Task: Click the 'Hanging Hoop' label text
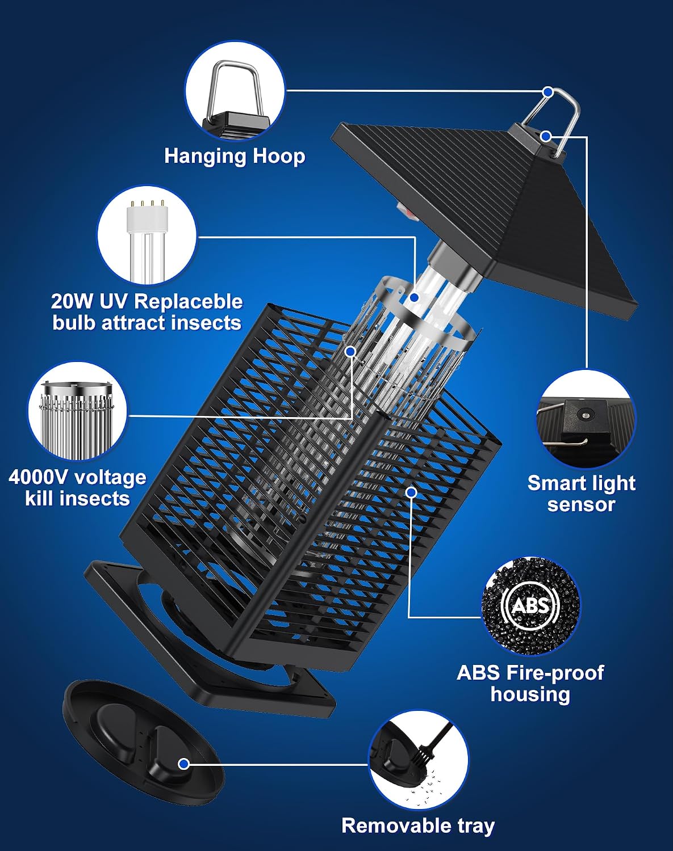[x=235, y=156]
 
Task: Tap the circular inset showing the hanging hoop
[x=235, y=91]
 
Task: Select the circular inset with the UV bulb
[x=147, y=235]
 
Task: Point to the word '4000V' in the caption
[x=38, y=477]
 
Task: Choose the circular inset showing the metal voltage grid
[x=78, y=412]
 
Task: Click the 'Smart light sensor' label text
[x=581, y=494]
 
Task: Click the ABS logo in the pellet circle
[x=530, y=605]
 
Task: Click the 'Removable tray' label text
[x=418, y=825]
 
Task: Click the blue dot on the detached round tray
[x=183, y=764]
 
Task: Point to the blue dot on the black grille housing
[x=412, y=492]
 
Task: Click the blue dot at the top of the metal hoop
[x=548, y=92]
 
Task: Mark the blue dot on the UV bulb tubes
[x=415, y=297]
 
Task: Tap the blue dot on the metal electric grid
[x=350, y=351]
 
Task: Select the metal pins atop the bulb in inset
[x=147, y=204]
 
